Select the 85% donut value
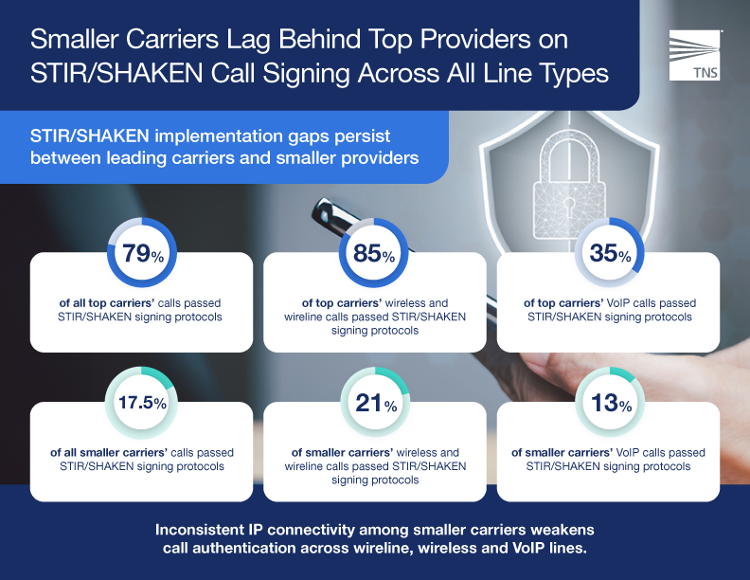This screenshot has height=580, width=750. [x=374, y=254]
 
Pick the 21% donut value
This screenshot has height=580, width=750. [x=374, y=405]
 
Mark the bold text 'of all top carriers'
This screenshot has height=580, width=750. [x=112, y=303]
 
